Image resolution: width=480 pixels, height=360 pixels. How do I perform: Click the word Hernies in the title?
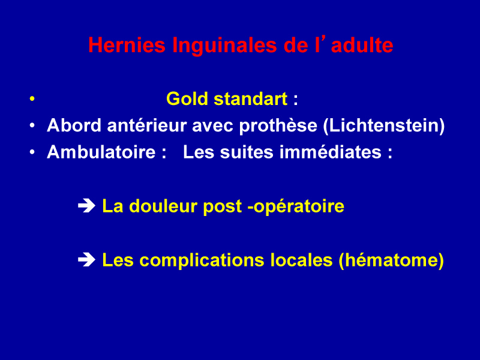tap(127, 46)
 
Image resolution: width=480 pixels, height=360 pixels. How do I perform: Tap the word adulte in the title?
tap(362, 46)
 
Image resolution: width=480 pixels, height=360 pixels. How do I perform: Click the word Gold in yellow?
tap(187, 99)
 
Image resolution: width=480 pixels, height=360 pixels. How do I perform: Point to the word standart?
tap(251, 99)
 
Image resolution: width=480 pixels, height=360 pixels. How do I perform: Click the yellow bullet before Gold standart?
tap(32, 99)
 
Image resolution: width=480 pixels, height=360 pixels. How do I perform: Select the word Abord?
tap(74, 125)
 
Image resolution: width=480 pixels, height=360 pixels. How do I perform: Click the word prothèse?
tap(278, 126)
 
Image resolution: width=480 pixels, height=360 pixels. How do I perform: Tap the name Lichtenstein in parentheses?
tap(384, 125)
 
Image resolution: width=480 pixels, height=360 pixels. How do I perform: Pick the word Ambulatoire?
tap(101, 152)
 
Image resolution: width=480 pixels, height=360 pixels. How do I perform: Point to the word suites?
tap(247, 152)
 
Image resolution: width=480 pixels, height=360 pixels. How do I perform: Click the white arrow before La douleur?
tap(86, 206)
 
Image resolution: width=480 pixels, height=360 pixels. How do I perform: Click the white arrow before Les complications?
tap(86, 260)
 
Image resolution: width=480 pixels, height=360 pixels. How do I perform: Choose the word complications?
tap(202, 260)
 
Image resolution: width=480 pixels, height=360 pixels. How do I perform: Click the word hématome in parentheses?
tap(392, 260)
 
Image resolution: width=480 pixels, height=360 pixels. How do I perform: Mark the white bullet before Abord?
tap(32, 125)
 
